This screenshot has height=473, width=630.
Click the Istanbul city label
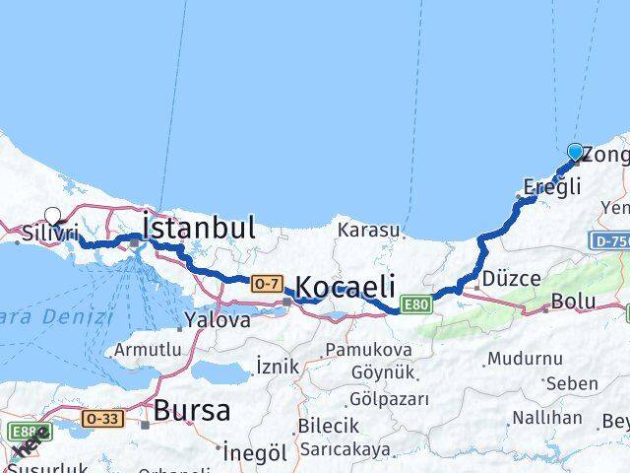click(x=199, y=228)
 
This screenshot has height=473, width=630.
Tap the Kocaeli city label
click(x=345, y=287)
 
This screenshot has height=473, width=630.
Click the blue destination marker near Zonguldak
click(x=575, y=152)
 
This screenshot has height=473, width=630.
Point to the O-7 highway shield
click(x=266, y=284)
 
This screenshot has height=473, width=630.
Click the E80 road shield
click(x=414, y=304)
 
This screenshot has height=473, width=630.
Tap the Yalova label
click(x=217, y=319)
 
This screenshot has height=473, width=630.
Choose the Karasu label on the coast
click(x=367, y=231)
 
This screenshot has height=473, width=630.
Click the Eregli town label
click(x=552, y=186)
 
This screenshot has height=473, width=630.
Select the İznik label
click(x=277, y=366)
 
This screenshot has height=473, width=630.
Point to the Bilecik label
click(x=327, y=426)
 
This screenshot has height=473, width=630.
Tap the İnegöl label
click(x=253, y=452)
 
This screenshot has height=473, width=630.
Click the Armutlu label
click(x=148, y=349)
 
